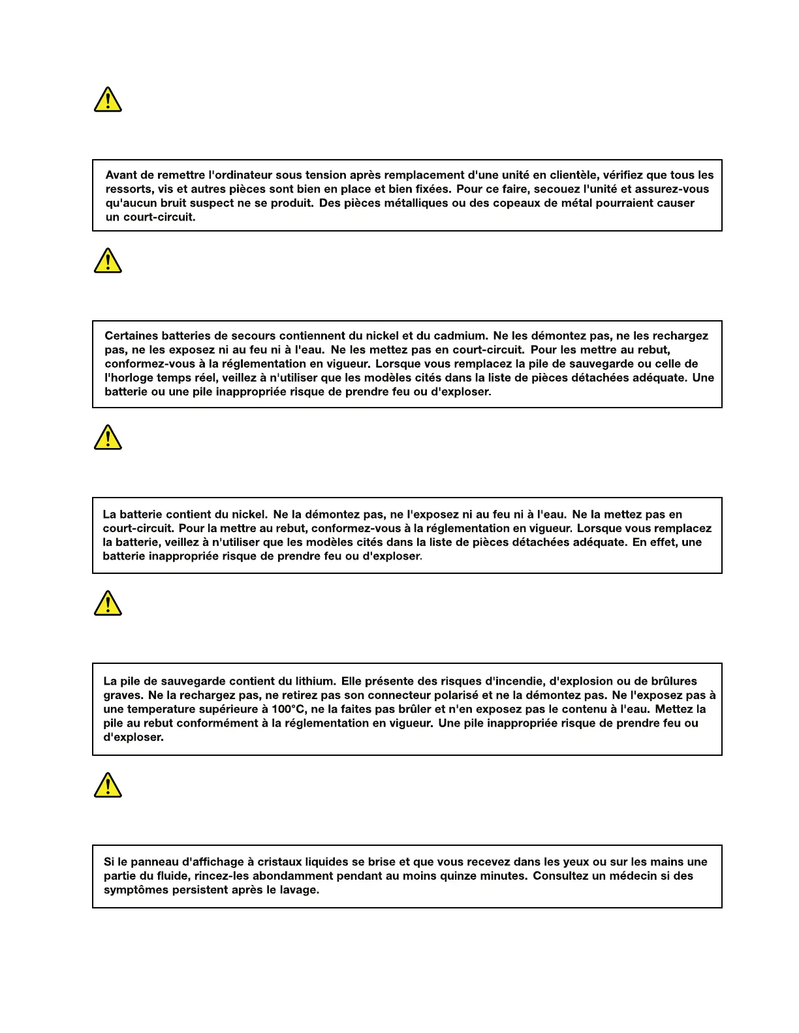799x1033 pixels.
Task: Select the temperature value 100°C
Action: click(x=288, y=709)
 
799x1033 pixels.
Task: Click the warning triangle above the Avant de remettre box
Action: click(x=108, y=100)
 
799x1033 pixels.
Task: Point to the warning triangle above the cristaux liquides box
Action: click(x=108, y=785)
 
